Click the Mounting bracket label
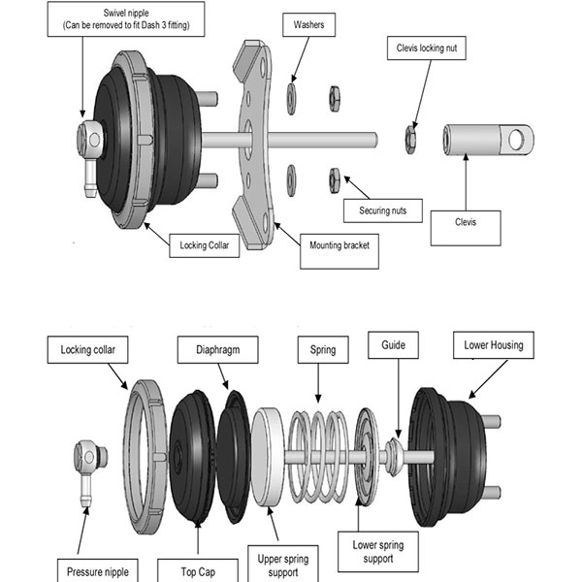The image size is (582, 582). pos(335,245)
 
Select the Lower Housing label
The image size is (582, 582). pos(493,344)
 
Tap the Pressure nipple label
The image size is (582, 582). pos(97,569)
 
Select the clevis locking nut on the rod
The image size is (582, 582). pos(410,140)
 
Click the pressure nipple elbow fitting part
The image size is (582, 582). pos(88,466)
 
